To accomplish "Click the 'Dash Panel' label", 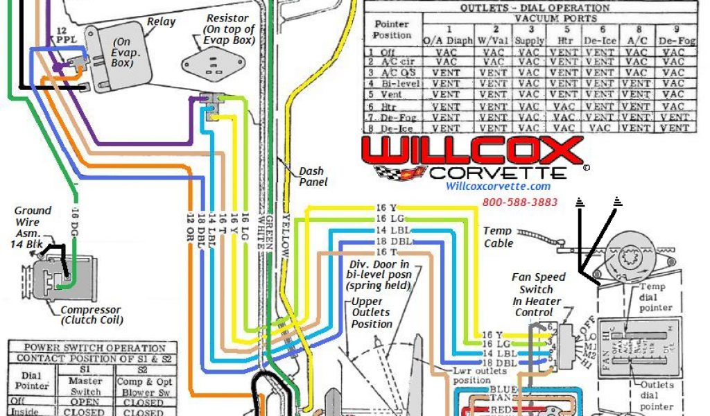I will tap(313, 176).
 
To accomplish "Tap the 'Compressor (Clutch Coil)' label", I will tap(91, 315).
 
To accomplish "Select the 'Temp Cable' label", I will tap(498, 236).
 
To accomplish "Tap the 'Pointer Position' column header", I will tap(392, 28).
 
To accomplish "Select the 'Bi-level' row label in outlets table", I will tap(397, 83).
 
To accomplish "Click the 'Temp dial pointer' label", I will tap(655, 297).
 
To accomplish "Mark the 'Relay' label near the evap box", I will tap(161, 21).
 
